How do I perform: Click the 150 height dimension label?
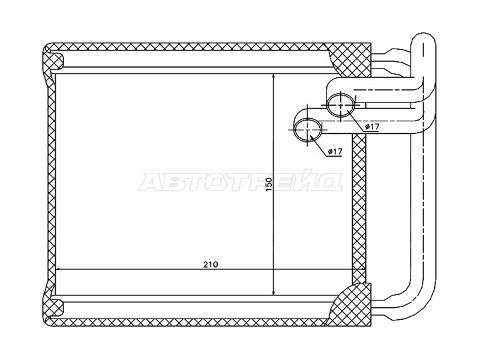click(x=269, y=184)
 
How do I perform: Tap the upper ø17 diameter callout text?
click(x=371, y=127)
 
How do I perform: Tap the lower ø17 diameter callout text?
click(x=335, y=151)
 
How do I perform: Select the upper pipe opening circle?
click(x=341, y=104)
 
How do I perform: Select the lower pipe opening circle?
click(x=308, y=130)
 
